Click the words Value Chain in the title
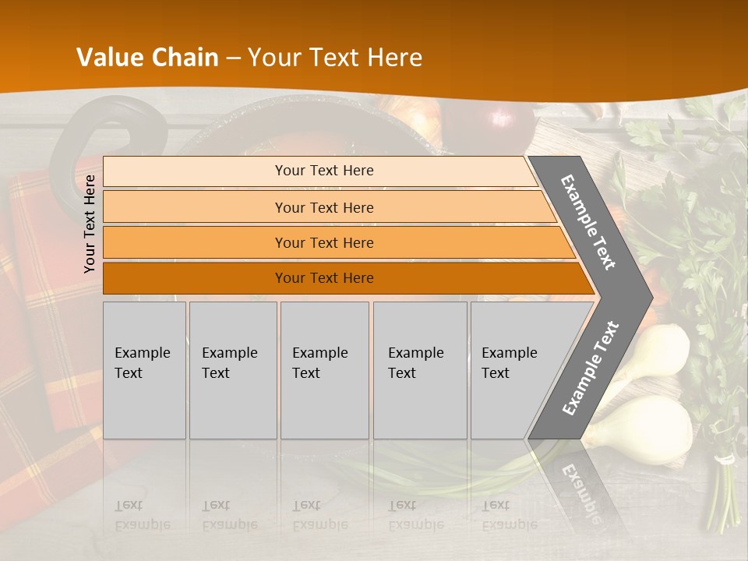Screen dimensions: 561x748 pyautogui.click(x=147, y=58)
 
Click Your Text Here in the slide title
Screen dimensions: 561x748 pyautogui.click(x=335, y=58)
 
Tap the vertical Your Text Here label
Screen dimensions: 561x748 pyautogui.click(x=90, y=224)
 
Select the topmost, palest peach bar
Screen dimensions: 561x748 pyautogui.click(x=323, y=171)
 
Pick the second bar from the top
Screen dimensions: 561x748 pyautogui.click(x=323, y=207)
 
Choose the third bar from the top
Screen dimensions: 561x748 pyautogui.click(x=323, y=242)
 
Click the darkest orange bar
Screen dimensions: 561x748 pyautogui.click(x=323, y=278)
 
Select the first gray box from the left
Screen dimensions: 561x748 pyautogui.click(x=144, y=370)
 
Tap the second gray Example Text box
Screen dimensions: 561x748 pyautogui.click(x=232, y=370)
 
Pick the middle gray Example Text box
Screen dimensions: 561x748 pyautogui.click(x=324, y=370)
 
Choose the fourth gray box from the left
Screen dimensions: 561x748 pyautogui.click(x=419, y=370)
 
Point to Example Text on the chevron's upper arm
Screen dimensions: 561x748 pyautogui.click(x=588, y=222)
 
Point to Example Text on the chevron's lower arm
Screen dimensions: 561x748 pyautogui.click(x=590, y=368)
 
